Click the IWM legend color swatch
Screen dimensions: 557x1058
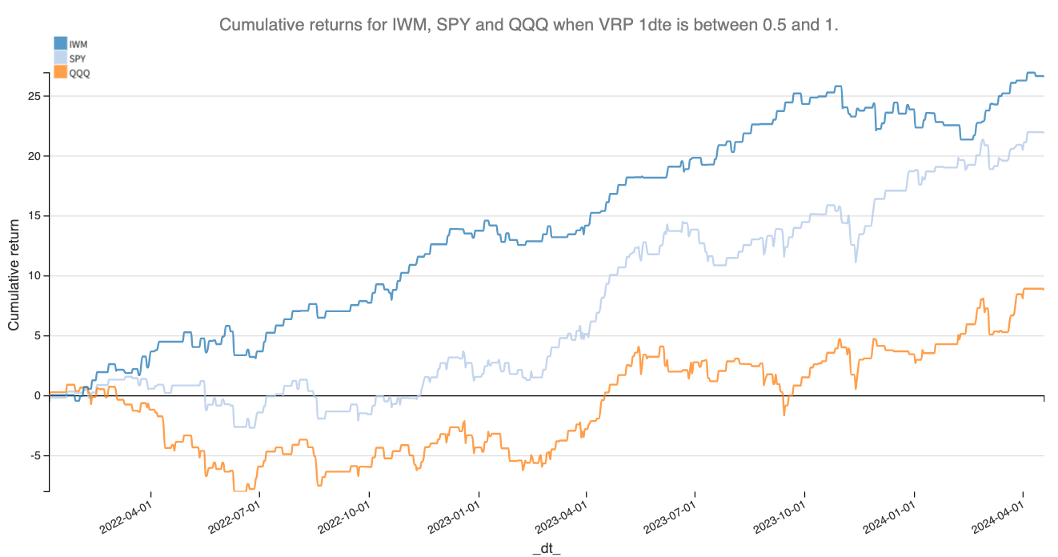coord(60,43)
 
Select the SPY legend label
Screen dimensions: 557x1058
coord(78,58)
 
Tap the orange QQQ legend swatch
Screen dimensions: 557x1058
coord(60,72)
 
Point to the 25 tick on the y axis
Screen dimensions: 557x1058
coord(35,96)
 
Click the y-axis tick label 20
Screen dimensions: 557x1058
coord(35,156)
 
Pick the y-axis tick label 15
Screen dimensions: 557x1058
coord(35,216)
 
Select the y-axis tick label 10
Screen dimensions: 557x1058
coord(35,276)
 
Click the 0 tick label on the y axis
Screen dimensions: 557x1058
coord(38,396)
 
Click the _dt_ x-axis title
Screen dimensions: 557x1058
coord(547,547)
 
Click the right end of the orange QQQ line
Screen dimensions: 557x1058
coord(1044,289)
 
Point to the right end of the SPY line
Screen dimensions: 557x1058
coord(1044,132)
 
